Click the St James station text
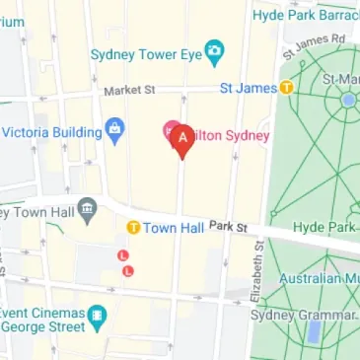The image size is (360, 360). [247, 88]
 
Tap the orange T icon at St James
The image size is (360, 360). [287, 88]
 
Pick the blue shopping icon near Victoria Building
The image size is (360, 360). [115, 127]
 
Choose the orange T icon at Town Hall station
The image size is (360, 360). [132, 228]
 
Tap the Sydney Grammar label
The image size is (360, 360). [302, 315]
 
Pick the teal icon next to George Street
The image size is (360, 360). [98, 316]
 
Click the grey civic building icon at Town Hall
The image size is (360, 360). [87, 208]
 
